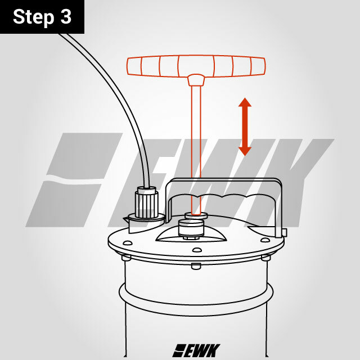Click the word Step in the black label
tap(34, 17)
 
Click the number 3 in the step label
tap(66, 16)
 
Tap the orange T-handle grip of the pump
tap(196, 66)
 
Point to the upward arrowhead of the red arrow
tap(245, 102)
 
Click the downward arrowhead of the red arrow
tap(245, 151)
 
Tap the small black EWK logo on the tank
tap(196, 350)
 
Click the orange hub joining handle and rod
tap(196, 80)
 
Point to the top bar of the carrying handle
tap(224, 181)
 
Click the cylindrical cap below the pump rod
tap(191, 227)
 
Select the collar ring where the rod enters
tap(196, 215)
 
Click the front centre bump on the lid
tap(197, 250)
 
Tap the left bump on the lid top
tap(128, 242)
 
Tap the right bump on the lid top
tap(265, 240)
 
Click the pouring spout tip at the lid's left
tap(124, 218)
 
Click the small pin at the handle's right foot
tap(285, 232)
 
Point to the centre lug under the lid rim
tap(196, 266)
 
